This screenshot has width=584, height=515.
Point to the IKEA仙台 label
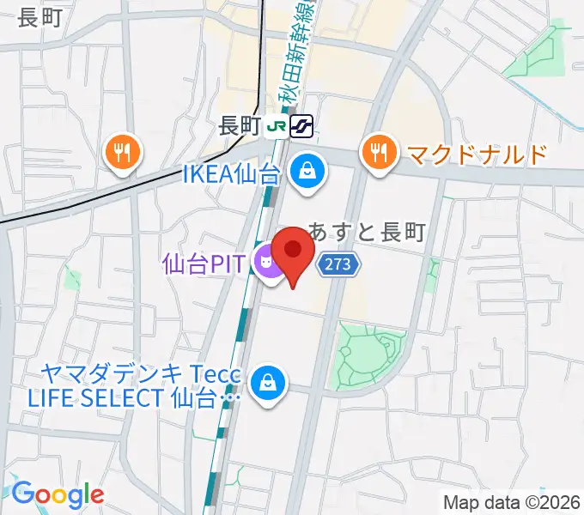pyautogui.click(x=231, y=174)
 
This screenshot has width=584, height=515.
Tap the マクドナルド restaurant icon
pyautogui.click(x=377, y=154)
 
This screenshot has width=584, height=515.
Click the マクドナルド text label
pyautogui.click(x=477, y=154)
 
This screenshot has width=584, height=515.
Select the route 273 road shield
pyautogui.click(x=338, y=264)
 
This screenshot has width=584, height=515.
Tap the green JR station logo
pyautogui.click(x=277, y=126)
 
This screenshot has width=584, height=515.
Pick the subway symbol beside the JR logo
pyautogui.click(x=301, y=126)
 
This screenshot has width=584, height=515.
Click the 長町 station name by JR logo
pyautogui.click(x=239, y=126)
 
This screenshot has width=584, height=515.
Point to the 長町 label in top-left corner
pyautogui.click(x=40, y=16)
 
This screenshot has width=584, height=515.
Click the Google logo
pyautogui.click(x=58, y=494)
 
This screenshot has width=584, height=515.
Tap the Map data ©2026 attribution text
pyautogui.click(x=512, y=502)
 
